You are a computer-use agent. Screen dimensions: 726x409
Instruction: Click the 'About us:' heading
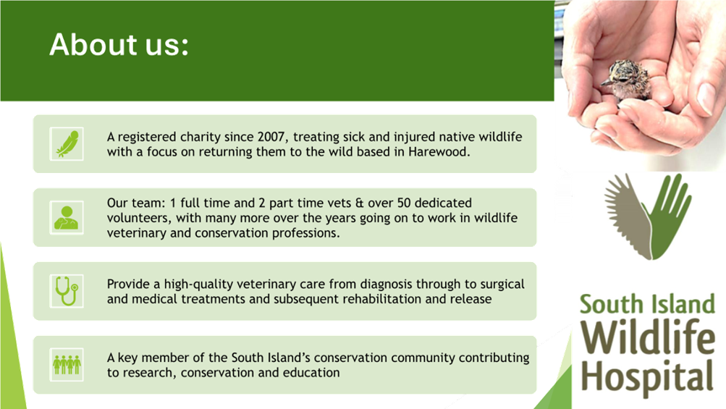click(x=119, y=45)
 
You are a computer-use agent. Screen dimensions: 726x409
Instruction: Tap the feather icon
click(x=67, y=144)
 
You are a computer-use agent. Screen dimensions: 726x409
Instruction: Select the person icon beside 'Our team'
click(x=67, y=218)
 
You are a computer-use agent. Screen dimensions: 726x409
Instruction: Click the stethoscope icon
click(x=67, y=291)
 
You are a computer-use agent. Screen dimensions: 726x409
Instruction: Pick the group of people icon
click(x=67, y=365)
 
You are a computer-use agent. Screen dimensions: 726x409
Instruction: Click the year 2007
click(x=271, y=137)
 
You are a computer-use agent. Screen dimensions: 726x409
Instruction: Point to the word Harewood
click(x=439, y=152)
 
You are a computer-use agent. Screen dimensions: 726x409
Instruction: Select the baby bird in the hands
click(x=626, y=80)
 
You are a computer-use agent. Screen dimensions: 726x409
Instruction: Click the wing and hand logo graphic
click(x=648, y=216)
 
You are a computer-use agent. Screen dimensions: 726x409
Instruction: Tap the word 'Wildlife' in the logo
click(x=648, y=337)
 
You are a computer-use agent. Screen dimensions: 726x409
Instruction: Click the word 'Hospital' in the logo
click(x=647, y=377)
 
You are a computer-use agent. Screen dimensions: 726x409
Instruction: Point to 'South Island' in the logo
click(x=647, y=304)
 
